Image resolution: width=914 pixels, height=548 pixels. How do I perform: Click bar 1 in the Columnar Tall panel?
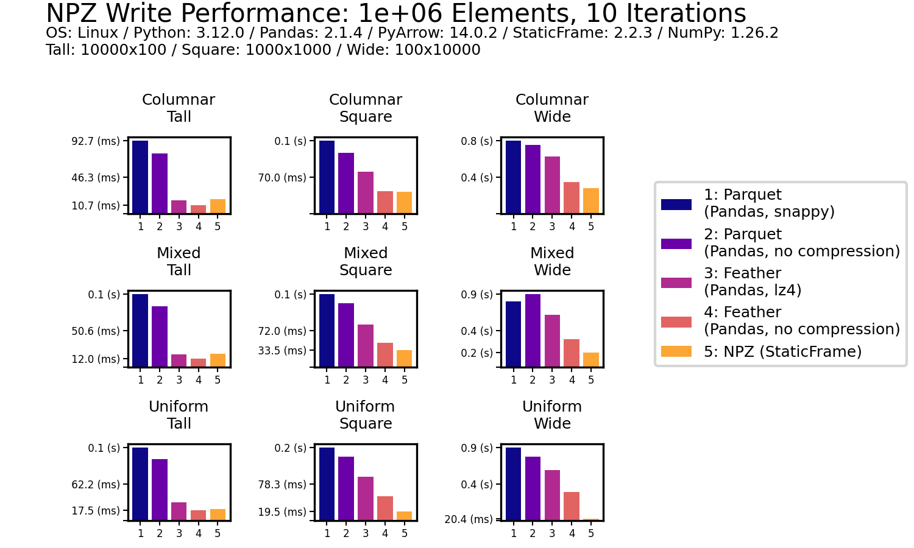point(140,177)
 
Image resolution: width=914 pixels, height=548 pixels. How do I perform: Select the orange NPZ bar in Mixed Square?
point(404,358)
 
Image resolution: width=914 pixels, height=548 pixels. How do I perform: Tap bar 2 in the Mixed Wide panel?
point(533,330)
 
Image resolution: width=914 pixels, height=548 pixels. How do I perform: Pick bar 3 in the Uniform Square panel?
point(366,498)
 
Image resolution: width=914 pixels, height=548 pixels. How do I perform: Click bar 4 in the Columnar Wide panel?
point(572,197)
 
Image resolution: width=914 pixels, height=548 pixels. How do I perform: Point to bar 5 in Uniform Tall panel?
point(218,514)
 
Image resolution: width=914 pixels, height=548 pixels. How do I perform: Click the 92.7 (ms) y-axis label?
point(96,141)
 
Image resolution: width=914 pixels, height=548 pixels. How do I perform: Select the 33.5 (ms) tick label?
point(282,351)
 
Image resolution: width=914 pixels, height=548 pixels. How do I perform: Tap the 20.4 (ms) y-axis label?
point(469,519)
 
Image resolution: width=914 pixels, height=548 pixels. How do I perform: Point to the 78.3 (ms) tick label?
point(282,485)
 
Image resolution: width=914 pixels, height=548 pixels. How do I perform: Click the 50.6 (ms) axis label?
point(96,331)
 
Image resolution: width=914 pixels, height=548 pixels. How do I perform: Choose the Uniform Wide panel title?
point(552,415)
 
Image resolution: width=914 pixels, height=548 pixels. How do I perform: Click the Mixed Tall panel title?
point(179,261)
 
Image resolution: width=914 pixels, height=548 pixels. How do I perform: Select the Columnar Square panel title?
point(366,108)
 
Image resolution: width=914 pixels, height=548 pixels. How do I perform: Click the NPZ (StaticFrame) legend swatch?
point(676,351)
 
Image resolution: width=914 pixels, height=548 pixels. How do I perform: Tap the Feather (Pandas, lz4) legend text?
point(753,281)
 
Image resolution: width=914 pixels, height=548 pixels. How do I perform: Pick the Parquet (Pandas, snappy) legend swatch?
point(676,205)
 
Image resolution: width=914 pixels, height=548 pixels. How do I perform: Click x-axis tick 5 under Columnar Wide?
point(591,227)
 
